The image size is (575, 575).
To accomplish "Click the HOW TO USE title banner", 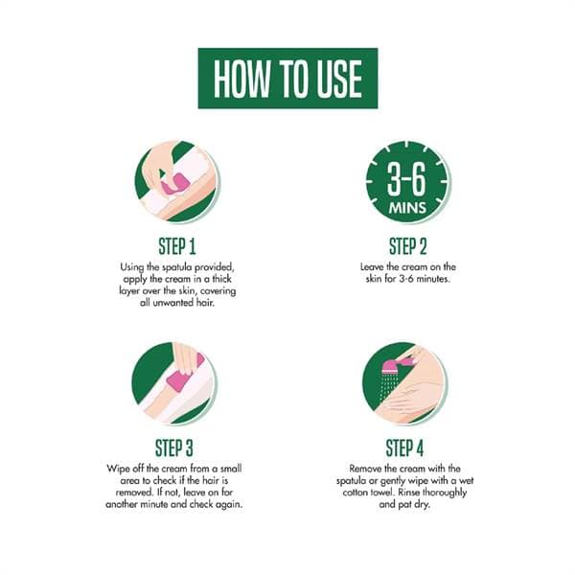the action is pos(287,79).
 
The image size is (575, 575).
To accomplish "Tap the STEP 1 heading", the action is pos(177,246).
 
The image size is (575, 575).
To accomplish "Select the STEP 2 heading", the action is pos(408,246).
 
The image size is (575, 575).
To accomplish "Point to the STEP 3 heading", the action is pos(174,448).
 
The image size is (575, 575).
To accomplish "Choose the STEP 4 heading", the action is pos(404,448).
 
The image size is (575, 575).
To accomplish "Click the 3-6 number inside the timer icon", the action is pos(407,179).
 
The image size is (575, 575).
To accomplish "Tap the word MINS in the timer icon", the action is pos(407,208).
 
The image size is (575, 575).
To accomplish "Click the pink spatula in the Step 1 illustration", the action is pos(174,184).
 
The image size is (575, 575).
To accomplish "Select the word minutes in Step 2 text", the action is pos(433,279).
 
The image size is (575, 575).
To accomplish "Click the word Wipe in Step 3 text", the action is pos(117,469).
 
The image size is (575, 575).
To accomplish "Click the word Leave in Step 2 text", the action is pos(372,267).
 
